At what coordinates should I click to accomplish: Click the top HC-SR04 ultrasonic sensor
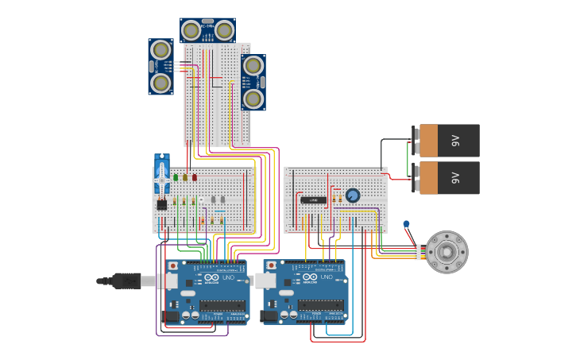[207, 30]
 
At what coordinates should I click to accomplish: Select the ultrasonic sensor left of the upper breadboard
[160, 67]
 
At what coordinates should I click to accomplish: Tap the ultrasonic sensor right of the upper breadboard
[253, 82]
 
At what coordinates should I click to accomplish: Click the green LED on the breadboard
[176, 178]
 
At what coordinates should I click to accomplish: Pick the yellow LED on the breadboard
[185, 178]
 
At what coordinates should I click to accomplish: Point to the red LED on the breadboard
[195, 178]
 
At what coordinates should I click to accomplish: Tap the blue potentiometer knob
[353, 195]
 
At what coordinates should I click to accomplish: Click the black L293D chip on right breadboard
[313, 200]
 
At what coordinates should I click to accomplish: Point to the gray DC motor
[446, 252]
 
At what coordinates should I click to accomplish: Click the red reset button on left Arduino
[172, 266]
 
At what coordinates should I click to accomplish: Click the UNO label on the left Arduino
[228, 277]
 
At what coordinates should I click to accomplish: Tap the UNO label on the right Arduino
[326, 277]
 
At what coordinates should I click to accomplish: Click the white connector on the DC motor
[418, 252]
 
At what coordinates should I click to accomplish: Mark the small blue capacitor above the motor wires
[406, 224]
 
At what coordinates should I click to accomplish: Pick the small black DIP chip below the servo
[162, 204]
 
